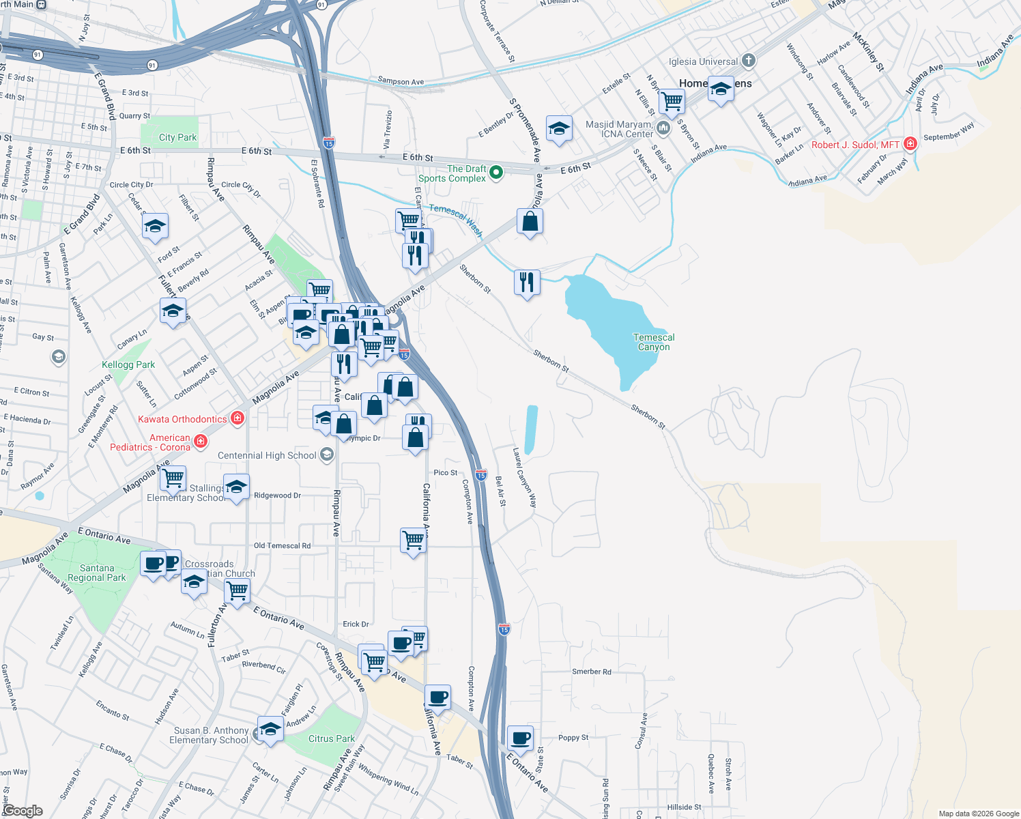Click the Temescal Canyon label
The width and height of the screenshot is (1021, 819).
pos(654,342)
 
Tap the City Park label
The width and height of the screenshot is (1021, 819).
pos(177,137)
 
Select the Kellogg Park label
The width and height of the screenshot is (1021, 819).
pos(128,364)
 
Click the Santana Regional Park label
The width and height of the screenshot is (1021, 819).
pos(97,573)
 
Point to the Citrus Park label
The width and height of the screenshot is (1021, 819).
pos(331,738)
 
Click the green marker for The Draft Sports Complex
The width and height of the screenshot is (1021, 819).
pos(496,173)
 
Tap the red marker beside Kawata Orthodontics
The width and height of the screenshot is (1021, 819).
pos(238,418)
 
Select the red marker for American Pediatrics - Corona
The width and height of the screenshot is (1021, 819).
pos(201,442)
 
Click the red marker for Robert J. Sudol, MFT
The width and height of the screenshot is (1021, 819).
pos(910,144)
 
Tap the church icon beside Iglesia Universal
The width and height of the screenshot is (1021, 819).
pos(749,61)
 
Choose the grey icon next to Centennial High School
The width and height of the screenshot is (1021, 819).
pos(327,455)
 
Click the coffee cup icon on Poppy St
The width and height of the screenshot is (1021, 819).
pos(520,738)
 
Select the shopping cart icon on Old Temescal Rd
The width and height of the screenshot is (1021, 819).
pos(414,540)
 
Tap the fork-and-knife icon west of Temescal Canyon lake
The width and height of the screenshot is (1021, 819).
pos(527,282)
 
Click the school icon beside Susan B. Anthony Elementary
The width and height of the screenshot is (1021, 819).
pos(270,729)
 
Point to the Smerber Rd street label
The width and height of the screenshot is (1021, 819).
pos(591,672)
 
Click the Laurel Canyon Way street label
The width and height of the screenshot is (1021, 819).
pos(525,478)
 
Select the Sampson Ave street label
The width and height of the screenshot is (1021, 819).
pos(401,81)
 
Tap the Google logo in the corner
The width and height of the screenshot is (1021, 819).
pos(23,811)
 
